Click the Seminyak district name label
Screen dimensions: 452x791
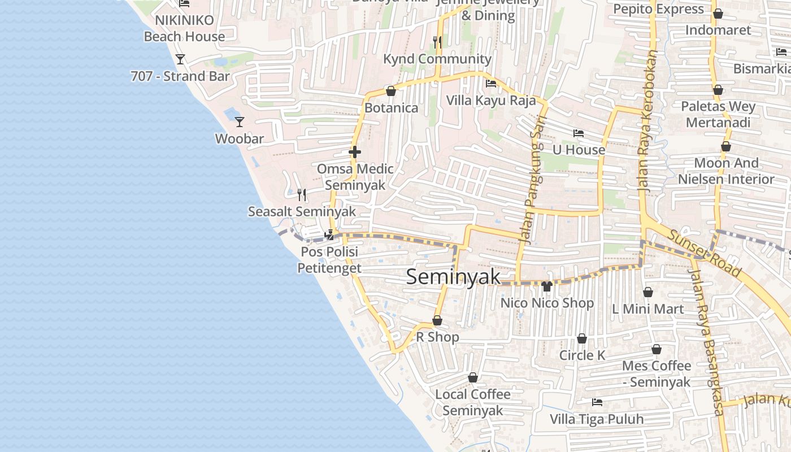point(453,277)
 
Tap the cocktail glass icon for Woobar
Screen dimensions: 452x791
point(240,121)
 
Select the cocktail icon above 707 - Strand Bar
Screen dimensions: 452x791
point(180,59)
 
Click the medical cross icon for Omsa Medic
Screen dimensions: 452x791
point(355,152)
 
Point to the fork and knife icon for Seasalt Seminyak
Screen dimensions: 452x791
point(302,195)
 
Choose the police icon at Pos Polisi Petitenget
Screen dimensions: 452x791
point(329,234)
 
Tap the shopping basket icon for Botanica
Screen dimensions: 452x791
point(390,91)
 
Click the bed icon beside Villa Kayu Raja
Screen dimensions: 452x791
point(491,84)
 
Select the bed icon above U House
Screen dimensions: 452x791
point(579,133)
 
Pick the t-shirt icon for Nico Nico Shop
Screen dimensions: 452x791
point(546,286)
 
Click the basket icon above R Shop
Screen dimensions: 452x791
point(437,321)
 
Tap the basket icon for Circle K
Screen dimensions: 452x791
point(582,338)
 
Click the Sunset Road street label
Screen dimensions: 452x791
point(703,254)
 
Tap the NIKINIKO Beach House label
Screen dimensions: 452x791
point(184,28)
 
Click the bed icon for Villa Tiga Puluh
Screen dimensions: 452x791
point(597,402)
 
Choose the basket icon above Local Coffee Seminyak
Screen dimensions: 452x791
point(473,377)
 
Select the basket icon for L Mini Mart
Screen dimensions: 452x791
point(648,292)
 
